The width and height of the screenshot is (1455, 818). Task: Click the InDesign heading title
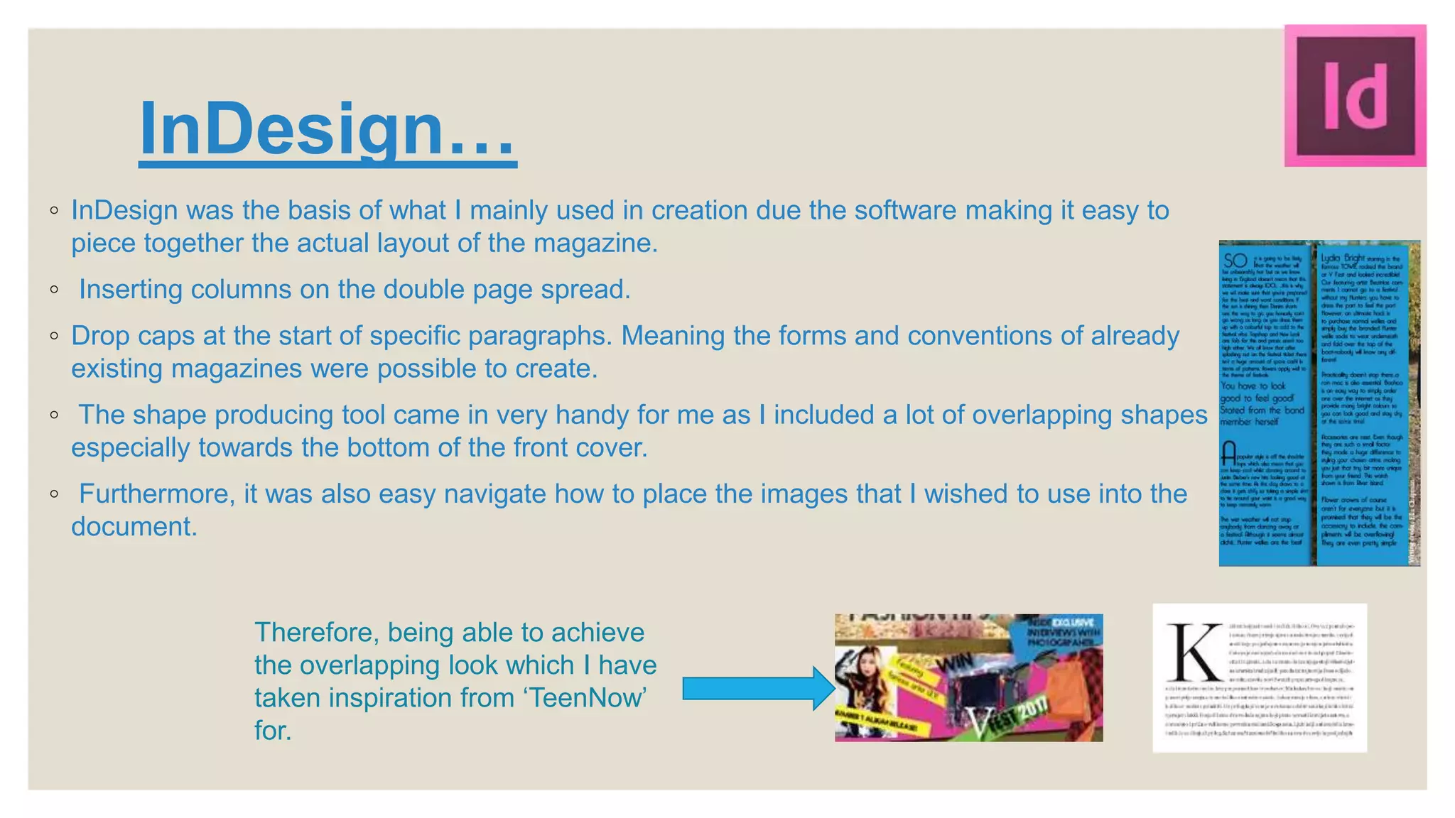point(327,129)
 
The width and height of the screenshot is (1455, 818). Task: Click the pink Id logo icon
point(1355,96)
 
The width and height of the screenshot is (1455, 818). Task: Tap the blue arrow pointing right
point(758,688)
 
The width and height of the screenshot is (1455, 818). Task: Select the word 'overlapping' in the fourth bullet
point(1042,415)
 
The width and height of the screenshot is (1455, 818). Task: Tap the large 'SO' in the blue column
point(1235,261)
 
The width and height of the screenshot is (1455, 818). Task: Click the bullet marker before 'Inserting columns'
point(55,290)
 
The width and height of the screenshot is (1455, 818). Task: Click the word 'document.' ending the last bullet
point(134,526)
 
